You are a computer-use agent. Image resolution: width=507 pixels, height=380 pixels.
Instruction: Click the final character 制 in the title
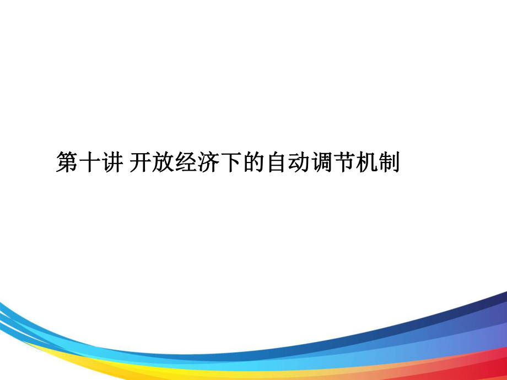390,163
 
